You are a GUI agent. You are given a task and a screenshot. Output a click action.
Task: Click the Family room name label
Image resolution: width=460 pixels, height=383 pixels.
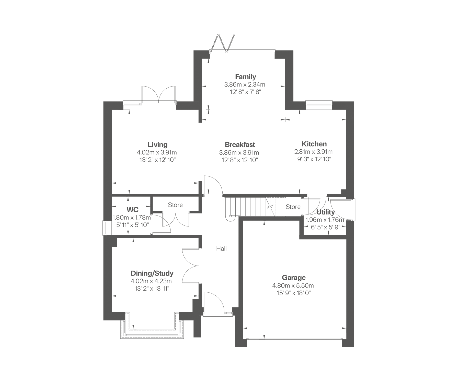coord(245,77)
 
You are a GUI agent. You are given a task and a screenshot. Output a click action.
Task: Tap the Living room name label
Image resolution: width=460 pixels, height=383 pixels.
coord(158,145)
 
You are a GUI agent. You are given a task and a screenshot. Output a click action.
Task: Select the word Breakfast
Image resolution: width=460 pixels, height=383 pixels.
coord(240,145)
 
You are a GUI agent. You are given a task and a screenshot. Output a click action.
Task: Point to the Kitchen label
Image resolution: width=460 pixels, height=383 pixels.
coord(314,144)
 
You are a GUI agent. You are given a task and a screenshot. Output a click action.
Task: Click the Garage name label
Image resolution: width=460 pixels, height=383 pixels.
coord(294,278)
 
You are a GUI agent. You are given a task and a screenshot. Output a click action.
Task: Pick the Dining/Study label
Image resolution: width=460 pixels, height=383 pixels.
coord(152,273)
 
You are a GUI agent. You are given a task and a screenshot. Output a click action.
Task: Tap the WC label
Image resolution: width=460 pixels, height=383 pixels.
coord(132,210)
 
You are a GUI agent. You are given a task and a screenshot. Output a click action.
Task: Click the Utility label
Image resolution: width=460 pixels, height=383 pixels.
coord(325,212)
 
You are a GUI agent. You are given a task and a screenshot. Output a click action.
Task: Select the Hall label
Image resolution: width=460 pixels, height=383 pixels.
coord(221,248)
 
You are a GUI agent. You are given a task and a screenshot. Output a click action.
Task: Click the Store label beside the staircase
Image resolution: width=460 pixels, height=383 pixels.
coord(293,207)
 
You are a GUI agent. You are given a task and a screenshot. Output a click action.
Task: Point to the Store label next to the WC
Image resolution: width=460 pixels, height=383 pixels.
coord(175,205)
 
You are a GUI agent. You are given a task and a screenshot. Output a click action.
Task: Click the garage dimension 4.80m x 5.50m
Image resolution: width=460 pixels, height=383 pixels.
coord(293,285)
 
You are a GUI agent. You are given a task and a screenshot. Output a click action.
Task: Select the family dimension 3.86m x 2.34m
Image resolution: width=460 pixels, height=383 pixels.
coord(245,84)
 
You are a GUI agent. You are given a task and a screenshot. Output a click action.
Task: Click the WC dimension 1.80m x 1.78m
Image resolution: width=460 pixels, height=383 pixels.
coord(132,218)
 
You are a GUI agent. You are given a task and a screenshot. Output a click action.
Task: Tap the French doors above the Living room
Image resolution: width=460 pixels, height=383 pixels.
coord(159,94)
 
